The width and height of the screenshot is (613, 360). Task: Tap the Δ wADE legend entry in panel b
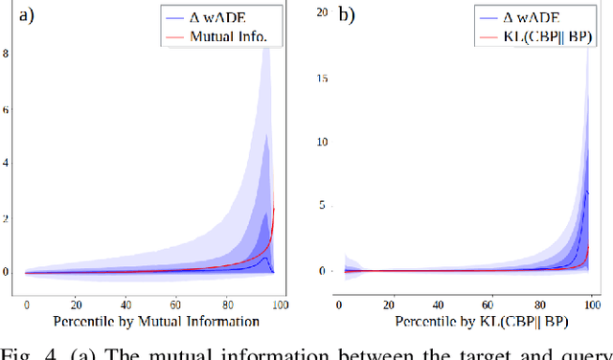tap(532, 18)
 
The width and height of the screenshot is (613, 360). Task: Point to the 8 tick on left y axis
tap(6, 55)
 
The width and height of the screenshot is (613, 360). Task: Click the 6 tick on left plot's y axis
tap(6, 108)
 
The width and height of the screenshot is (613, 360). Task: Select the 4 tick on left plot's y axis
tap(6, 163)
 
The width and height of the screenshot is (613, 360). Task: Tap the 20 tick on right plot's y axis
tap(323, 11)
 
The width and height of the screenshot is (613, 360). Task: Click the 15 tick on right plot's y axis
tap(323, 77)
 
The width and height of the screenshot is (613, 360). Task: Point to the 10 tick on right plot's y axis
tap(323, 141)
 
